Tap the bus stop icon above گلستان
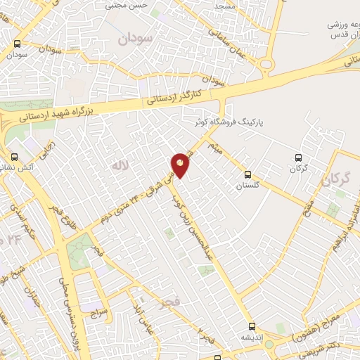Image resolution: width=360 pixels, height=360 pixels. point(247,174)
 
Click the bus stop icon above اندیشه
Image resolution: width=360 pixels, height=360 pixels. point(252,326)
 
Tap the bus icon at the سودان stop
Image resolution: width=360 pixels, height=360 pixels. point(17,44)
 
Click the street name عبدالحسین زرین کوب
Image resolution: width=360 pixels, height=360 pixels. point(196,225)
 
